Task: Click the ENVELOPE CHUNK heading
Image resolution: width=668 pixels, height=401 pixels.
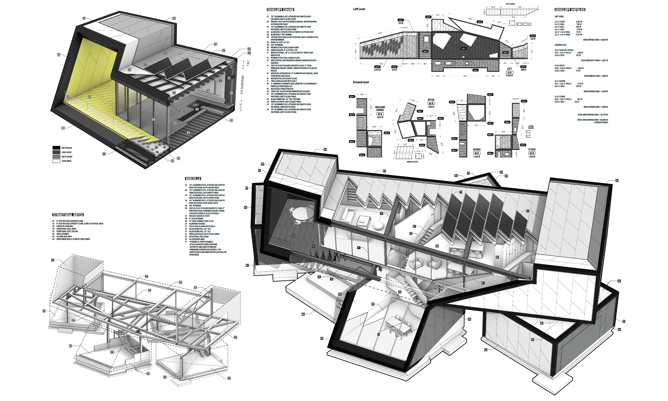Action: [280, 10]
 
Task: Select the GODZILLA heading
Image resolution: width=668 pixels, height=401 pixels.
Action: [193, 179]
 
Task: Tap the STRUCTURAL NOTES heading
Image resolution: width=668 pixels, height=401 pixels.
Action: [68, 215]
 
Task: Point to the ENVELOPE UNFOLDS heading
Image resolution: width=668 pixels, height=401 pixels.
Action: [570, 10]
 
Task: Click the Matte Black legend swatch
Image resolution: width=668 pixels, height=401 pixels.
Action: [56, 148]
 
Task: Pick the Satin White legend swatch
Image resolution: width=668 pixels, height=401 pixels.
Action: [56, 161]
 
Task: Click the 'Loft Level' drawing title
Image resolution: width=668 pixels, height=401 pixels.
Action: [359, 9]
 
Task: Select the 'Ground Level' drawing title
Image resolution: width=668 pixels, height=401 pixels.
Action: [361, 82]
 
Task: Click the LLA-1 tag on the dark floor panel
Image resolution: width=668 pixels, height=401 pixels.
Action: [463, 49]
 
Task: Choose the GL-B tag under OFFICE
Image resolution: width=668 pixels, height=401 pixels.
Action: [431, 104]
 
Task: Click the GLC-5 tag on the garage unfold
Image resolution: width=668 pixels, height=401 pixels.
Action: [490, 123]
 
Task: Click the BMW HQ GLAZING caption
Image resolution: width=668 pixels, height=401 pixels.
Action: [412, 162]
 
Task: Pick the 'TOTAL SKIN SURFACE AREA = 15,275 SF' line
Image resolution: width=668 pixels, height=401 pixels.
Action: [593, 115]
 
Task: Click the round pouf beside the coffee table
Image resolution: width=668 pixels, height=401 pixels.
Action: [378, 226]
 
